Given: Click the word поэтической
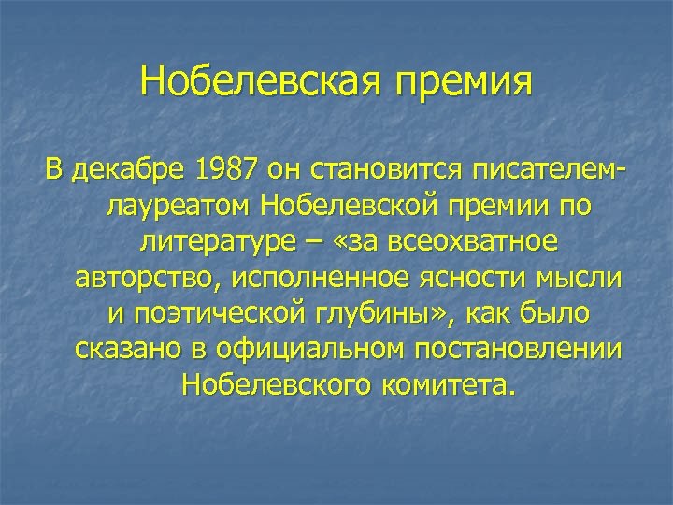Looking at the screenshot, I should click(x=233, y=314).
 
